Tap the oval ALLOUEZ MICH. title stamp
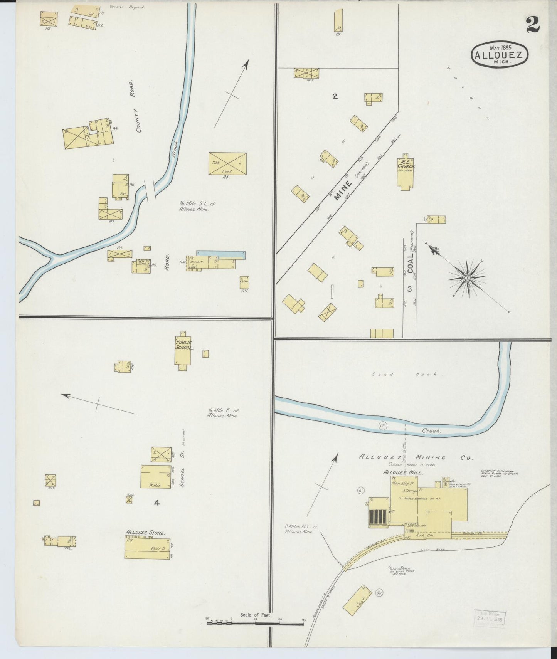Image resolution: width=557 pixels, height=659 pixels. [499, 54]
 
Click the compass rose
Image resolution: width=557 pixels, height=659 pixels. [467, 277]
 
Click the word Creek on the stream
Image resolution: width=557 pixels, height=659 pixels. [431, 431]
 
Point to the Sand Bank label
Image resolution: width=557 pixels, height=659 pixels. [408, 374]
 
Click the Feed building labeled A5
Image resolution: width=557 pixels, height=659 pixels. [227, 163]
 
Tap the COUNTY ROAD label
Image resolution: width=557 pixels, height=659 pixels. [135, 106]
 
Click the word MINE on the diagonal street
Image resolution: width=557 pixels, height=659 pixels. [343, 190]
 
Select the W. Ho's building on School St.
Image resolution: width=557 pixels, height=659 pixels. [156, 477]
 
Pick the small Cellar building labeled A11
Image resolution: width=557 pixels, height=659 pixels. [244, 282]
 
